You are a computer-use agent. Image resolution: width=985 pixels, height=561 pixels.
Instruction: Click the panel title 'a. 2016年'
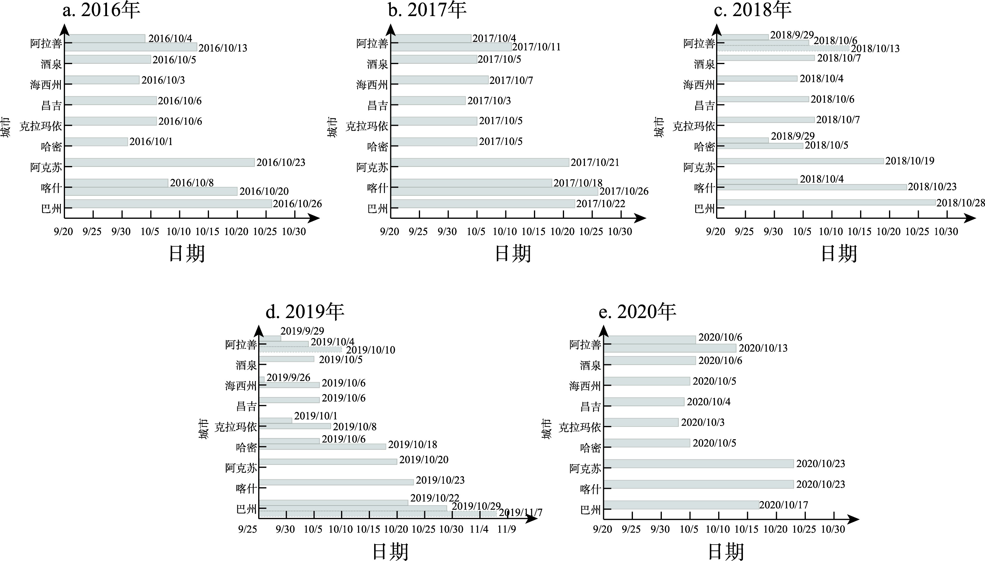[101, 10]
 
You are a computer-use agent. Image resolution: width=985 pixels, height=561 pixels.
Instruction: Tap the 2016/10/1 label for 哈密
[151, 142]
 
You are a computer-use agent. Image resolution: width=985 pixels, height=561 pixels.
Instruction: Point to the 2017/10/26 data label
[624, 191]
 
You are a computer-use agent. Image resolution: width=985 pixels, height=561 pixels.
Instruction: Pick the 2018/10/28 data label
[960, 203]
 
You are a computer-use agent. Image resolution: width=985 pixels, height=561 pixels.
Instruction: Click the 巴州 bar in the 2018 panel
[826, 202]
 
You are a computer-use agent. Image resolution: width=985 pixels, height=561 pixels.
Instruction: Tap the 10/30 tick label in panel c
[946, 232]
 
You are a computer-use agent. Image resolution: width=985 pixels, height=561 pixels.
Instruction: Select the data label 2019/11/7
[521, 513]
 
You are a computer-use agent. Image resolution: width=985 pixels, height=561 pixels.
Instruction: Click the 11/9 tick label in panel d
[506, 529]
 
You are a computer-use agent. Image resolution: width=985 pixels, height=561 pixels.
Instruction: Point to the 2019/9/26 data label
[288, 378]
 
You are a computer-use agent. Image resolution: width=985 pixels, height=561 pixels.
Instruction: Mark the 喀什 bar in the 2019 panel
[336, 482]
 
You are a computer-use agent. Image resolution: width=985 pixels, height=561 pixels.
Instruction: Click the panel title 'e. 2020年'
[637, 311]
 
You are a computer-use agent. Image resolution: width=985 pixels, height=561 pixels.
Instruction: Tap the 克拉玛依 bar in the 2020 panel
[641, 422]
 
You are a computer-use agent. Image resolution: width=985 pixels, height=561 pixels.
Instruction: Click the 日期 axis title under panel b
[513, 254]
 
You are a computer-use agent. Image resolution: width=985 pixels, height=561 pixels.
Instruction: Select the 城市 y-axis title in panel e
[546, 429]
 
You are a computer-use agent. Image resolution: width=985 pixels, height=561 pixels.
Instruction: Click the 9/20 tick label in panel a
[64, 232]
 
